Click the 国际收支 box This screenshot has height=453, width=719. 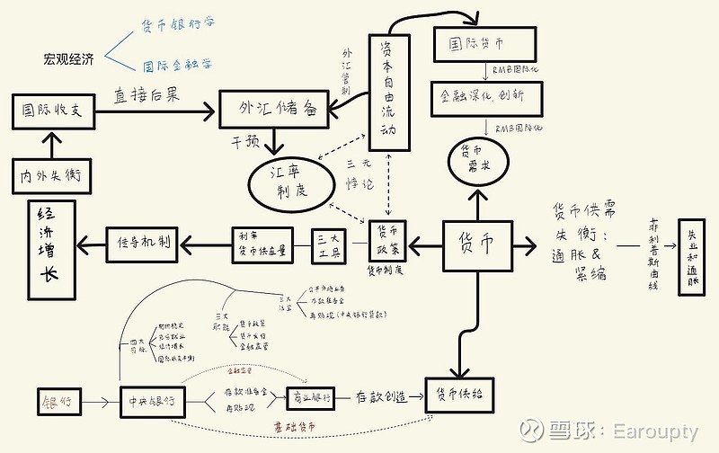coord(52,111)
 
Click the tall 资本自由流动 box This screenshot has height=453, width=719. coord(387,87)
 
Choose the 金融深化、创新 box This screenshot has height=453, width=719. coord(481,95)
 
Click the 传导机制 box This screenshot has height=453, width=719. coord(145,242)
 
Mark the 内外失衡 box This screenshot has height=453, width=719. coord(51,176)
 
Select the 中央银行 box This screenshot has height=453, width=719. coord(152,400)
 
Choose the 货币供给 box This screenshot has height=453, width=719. coord(459,395)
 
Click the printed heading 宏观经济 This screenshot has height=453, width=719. coord(68,59)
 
